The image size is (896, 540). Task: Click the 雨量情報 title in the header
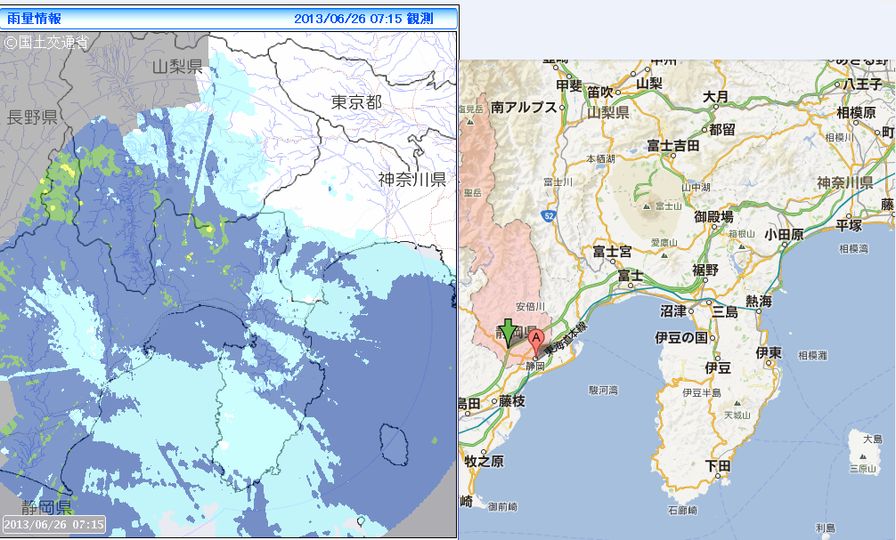pyautogui.click(x=35, y=18)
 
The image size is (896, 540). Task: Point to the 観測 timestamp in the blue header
pyautogui.click(x=363, y=18)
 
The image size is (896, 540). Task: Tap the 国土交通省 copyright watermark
pyautogui.click(x=46, y=41)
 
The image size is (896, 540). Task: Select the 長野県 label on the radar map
pyautogui.click(x=32, y=117)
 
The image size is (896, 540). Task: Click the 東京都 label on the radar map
pyautogui.click(x=356, y=102)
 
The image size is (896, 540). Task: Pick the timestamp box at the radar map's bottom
pyautogui.click(x=54, y=524)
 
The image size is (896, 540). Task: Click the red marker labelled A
pyautogui.click(x=536, y=339)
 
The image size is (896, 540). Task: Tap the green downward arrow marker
pyautogui.click(x=508, y=332)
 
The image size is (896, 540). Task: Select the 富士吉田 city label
pyautogui.click(x=672, y=146)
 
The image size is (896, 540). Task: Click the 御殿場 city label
pyautogui.click(x=713, y=216)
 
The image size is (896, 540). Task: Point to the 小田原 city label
pyautogui.click(x=784, y=234)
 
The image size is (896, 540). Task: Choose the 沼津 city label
pyautogui.click(x=673, y=311)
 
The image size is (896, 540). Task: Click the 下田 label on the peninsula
pyautogui.click(x=718, y=465)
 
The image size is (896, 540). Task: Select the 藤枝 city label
pyautogui.click(x=513, y=401)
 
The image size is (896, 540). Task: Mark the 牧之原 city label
pyautogui.click(x=484, y=461)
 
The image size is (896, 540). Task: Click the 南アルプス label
pyautogui.click(x=524, y=107)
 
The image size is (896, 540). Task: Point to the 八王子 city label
pyautogui.click(x=862, y=84)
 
